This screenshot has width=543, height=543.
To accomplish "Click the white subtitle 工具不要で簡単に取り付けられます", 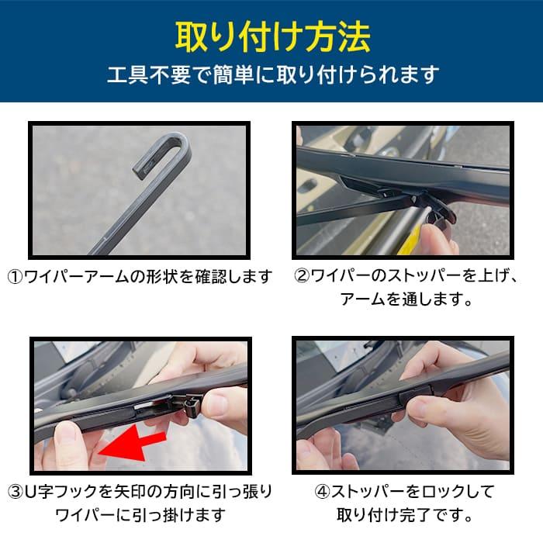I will coord(271,74).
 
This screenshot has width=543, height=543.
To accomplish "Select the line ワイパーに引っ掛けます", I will coord(140,515).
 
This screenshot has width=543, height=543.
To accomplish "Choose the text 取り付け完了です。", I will coord(406,515).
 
